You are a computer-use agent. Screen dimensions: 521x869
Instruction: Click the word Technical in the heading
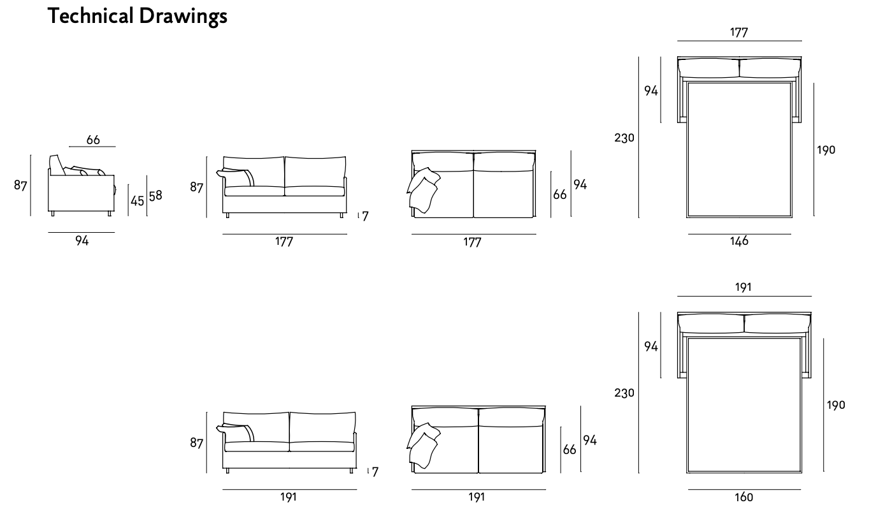coord(91,16)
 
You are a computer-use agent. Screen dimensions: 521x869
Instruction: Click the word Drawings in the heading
coord(183,16)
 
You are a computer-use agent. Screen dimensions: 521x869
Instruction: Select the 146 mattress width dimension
coord(739,241)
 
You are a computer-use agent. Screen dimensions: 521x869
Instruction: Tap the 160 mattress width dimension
coord(743,497)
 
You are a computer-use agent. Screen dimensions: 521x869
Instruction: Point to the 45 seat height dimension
coord(137,200)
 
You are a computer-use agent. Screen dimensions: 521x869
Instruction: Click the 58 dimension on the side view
coord(155,196)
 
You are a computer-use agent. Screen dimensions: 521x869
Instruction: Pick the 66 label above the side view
coord(93,140)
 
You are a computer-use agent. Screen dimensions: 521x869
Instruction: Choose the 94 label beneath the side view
coord(82,240)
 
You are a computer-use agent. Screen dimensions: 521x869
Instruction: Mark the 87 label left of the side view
coord(20,186)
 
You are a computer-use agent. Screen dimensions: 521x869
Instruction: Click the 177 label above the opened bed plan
coord(738,33)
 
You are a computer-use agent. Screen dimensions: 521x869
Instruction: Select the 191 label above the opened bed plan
coord(743,288)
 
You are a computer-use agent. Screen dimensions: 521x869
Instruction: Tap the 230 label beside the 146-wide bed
coord(624,138)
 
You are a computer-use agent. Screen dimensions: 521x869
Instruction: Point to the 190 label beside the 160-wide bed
coord(835,405)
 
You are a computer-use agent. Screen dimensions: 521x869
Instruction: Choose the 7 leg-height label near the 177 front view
coord(365,217)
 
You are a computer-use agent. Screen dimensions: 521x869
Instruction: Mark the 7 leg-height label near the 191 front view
coord(375,473)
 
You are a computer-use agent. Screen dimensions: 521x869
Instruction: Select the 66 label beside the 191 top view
coord(570,450)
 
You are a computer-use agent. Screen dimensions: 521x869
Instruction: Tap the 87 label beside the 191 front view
coord(196,443)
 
